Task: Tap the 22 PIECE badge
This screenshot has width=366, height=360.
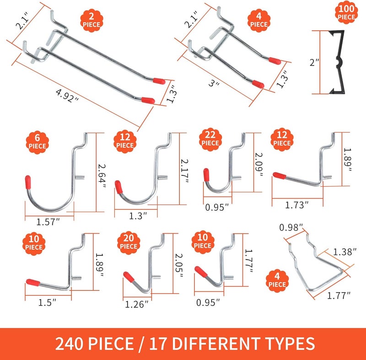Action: pyautogui.click(x=211, y=138)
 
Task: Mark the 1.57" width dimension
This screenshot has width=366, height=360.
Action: pyautogui.click(x=48, y=223)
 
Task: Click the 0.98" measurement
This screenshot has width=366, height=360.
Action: pyautogui.click(x=291, y=227)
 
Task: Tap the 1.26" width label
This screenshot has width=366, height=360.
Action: pyautogui.click(x=137, y=303)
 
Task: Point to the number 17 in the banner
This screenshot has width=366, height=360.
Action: pyautogui.click(x=162, y=344)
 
